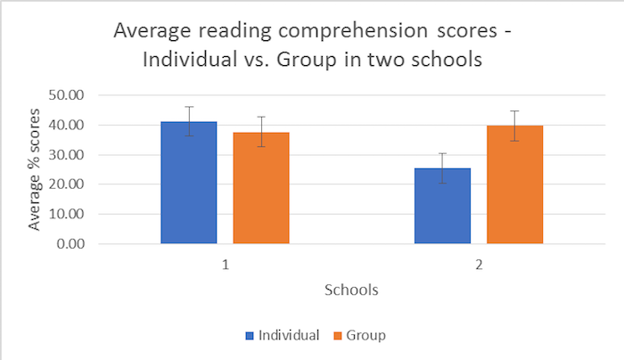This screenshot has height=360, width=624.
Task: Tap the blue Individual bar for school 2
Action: (x=443, y=206)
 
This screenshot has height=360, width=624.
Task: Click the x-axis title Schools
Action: (x=351, y=290)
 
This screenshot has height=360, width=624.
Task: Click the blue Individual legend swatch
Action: (x=250, y=336)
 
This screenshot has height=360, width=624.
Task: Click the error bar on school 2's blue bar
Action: (x=443, y=168)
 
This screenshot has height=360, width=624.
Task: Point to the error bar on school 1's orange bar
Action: (x=261, y=131)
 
